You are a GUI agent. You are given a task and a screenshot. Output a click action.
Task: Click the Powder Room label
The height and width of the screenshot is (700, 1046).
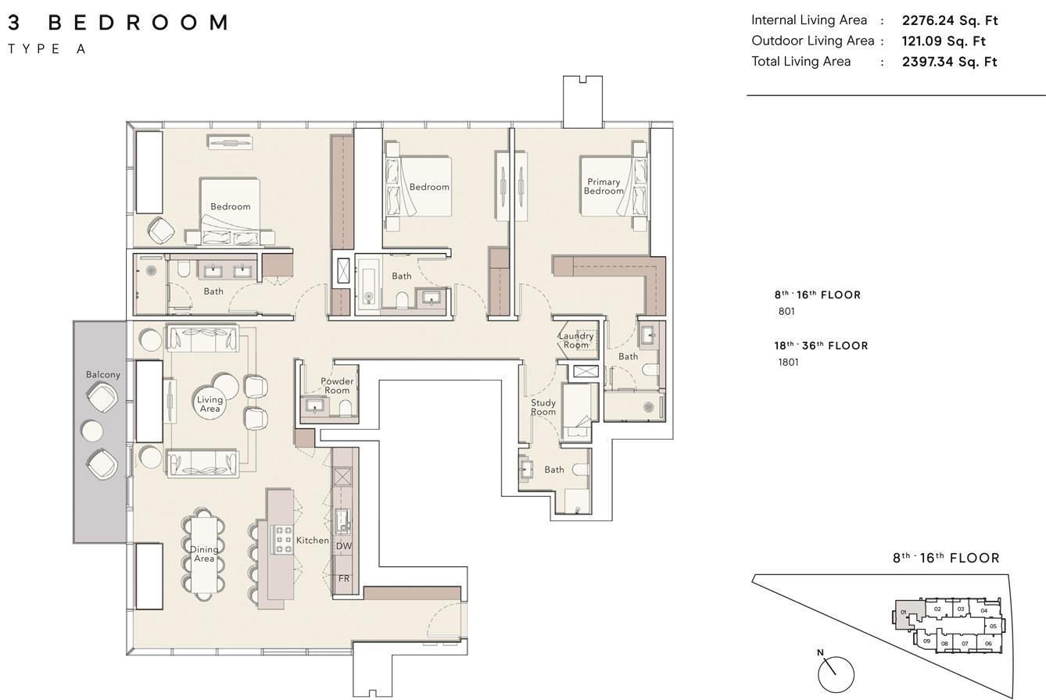coord(337,385)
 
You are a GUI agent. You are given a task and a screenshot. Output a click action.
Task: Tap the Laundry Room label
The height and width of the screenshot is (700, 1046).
coord(576,340)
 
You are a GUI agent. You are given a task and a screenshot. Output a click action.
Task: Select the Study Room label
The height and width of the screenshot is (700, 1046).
coord(543,407)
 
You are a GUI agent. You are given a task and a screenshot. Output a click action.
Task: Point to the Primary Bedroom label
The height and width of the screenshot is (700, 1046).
coord(604,186)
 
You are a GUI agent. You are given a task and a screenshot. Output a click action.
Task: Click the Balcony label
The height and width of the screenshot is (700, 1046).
coord(103,374)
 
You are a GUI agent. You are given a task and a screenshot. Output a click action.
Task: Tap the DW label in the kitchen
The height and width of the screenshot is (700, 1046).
coord(344,545)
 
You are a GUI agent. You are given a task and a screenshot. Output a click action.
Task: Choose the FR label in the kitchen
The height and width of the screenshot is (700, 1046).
coord(344,578)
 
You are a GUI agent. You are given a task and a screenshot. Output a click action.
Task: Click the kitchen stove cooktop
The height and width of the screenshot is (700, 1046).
coord(282,539)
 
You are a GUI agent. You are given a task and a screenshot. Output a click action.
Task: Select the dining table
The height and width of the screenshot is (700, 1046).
coord(203,555)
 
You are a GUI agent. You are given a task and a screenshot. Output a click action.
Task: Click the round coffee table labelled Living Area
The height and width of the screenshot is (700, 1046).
coord(210,404)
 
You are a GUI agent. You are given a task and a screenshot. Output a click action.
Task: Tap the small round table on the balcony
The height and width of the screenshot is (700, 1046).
coord(92,430)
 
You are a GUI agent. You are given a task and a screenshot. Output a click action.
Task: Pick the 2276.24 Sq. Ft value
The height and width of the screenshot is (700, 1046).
coord(950,20)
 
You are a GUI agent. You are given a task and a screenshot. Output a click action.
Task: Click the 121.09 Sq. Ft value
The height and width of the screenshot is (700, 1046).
coord(944,41)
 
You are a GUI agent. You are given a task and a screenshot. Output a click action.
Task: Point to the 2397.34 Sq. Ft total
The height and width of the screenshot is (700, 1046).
coord(949,62)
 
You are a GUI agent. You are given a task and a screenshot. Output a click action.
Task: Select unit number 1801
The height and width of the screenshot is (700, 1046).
coord(788,362)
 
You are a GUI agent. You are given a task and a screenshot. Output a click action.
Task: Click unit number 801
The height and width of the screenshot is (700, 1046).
coord(786,311)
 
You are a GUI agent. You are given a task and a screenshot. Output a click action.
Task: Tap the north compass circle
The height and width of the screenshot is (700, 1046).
coord(836,674)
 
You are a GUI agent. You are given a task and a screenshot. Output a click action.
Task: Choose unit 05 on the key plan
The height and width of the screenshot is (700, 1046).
coord(993,627)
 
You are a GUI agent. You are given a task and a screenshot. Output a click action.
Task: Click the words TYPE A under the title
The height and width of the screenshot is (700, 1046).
coord(47,49)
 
